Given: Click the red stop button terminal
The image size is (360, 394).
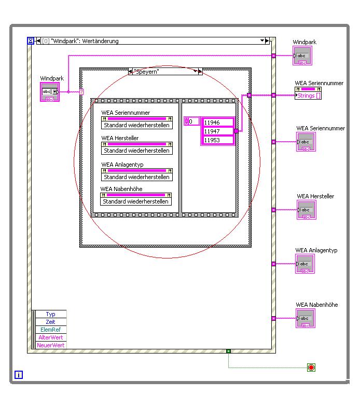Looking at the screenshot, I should (311, 368).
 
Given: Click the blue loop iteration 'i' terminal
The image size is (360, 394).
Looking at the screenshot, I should (19, 374).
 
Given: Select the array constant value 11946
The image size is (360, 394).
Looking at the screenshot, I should (217, 123).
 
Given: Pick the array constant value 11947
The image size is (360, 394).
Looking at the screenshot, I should (217, 131).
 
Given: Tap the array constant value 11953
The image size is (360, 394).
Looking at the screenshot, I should (217, 140).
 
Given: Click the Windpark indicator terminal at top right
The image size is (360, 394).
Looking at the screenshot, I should (302, 56).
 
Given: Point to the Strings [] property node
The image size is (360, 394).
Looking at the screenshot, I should (308, 96).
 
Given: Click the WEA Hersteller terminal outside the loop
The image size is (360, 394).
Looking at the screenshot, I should (306, 210).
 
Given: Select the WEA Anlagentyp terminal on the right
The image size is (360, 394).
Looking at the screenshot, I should (305, 264).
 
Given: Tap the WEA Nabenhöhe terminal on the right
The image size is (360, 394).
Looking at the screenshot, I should (305, 318).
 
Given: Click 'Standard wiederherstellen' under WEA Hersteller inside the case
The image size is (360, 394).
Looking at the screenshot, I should (136, 151).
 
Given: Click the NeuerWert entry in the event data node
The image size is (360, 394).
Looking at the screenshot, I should (51, 345).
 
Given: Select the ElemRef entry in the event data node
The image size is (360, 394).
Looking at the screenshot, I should (51, 330).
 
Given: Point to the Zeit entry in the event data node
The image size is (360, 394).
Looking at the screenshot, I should (51, 322).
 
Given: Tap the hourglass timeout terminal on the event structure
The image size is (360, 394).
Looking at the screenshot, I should (30, 40).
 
